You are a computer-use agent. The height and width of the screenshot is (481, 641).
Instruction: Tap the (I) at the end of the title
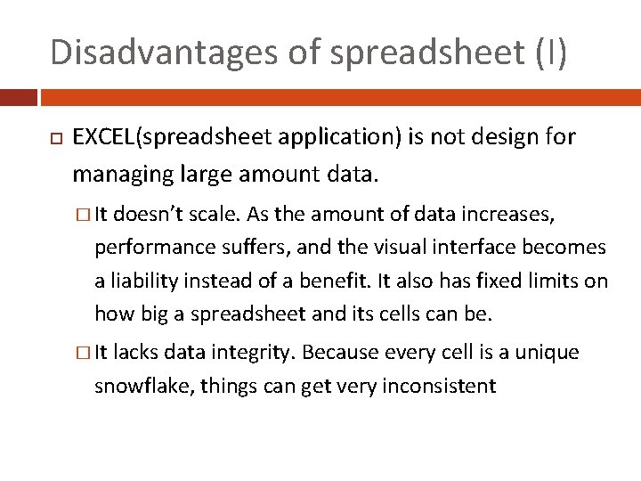point(550,52)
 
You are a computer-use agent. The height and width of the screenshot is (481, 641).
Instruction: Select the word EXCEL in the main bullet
point(101,137)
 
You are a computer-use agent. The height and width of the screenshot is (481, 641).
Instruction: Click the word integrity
point(256,353)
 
